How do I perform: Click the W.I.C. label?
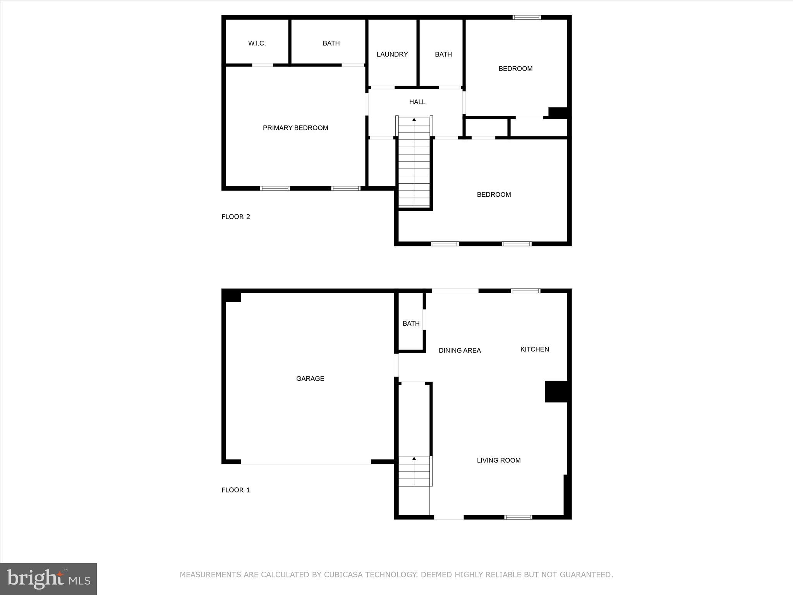pyautogui.click(x=257, y=43)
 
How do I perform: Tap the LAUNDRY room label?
pyautogui.click(x=392, y=54)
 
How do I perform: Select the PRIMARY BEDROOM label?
pyautogui.click(x=295, y=128)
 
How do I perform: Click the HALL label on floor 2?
pyautogui.click(x=417, y=102)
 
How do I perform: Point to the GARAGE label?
pyautogui.click(x=310, y=378)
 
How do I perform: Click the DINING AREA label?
pyautogui.click(x=460, y=351)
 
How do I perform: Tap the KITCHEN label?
pyautogui.click(x=534, y=349)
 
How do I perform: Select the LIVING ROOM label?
pyautogui.click(x=498, y=460)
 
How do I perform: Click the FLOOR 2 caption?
pyautogui.click(x=235, y=217)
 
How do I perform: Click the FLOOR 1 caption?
pyautogui.click(x=235, y=490)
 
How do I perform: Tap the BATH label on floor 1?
pyautogui.click(x=411, y=323)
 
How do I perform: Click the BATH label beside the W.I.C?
pyautogui.click(x=331, y=43)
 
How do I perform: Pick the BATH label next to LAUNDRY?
pyautogui.click(x=443, y=54)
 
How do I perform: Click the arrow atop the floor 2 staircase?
pyautogui.click(x=414, y=120)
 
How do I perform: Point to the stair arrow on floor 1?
pyautogui.click(x=414, y=459)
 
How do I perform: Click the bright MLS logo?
pyautogui.click(x=48, y=579)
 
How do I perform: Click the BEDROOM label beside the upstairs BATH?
pyautogui.click(x=515, y=69)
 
